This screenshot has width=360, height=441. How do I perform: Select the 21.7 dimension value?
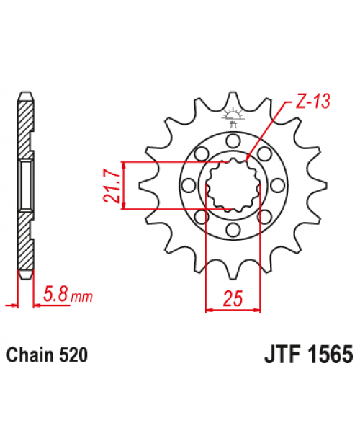click(114, 185)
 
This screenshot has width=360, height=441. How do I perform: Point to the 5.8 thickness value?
click(58, 295)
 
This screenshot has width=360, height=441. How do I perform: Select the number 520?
click(74, 356)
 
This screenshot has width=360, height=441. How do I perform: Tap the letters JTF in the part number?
click(274, 356)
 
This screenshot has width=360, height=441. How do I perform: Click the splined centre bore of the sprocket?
click(232, 185)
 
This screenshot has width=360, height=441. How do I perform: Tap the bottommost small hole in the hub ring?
click(232, 230)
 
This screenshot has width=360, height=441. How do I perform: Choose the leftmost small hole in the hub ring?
click(188, 185)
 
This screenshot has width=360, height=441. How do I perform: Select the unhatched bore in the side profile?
click(24, 185)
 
